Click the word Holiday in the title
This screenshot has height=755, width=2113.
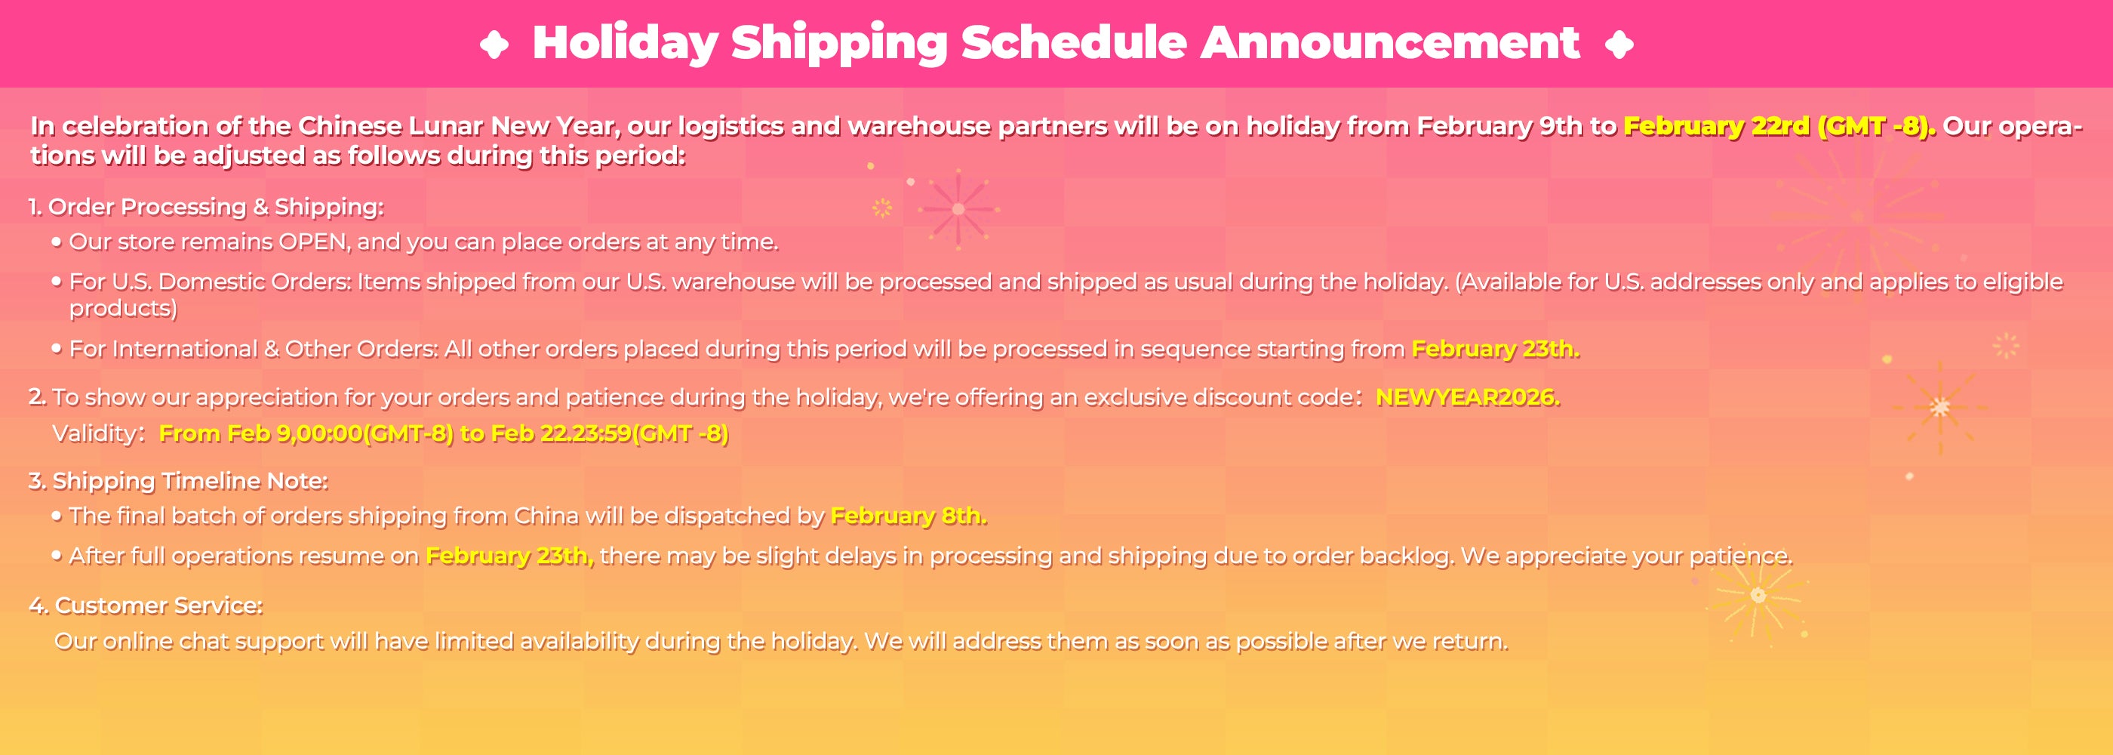tap(625, 44)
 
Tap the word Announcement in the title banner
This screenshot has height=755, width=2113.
tap(1389, 43)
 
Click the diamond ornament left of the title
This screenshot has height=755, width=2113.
tap(494, 45)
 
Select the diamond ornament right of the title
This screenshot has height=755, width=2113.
tap(1619, 45)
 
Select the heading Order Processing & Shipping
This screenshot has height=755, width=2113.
tap(215, 207)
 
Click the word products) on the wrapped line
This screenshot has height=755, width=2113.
tap(123, 309)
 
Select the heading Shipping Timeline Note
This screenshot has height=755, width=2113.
tap(190, 481)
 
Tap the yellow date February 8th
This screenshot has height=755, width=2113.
tap(909, 516)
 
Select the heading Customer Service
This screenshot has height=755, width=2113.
tap(158, 606)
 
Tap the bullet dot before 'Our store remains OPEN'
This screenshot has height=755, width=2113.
tap(57, 242)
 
